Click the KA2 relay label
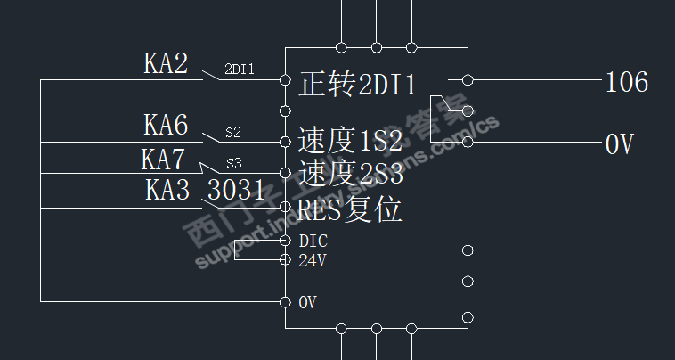click(166, 63)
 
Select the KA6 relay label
click(166, 124)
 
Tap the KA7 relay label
click(163, 160)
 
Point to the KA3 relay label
click(167, 191)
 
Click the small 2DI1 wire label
click(240, 68)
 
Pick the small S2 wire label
click(232, 132)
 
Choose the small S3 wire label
click(233, 163)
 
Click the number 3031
click(236, 191)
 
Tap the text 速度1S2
click(350, 140)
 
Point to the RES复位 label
click(350, 209)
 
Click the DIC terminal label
click(313, 241)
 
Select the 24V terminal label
click(312, 261)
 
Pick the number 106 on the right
click(627, 84)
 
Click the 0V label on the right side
click(619, 144)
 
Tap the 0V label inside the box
click(307, 303)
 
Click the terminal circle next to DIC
click(285, 241)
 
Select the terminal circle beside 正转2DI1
click(285, 79)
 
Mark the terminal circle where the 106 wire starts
click(468, 79)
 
